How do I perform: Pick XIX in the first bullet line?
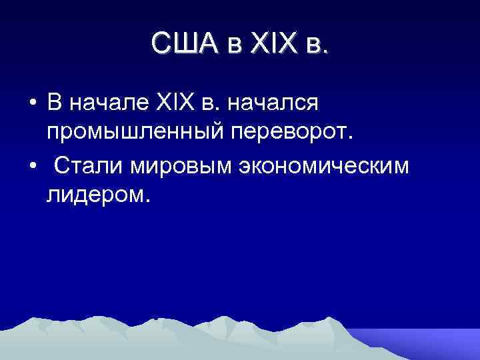(174, 104)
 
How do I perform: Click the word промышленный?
(137, 134)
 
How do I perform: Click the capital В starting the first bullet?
(54, 104)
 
